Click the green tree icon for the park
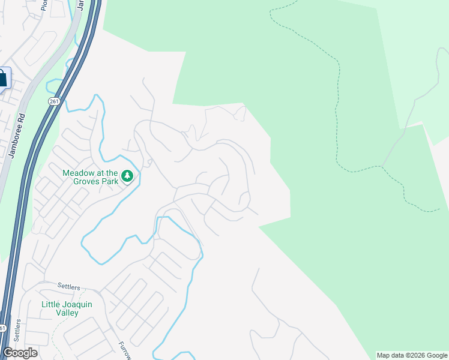tap(127, 176)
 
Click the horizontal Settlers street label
tap(68, 287)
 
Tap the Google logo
tap(20, 353)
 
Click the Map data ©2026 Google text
tap(412, 355)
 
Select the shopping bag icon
tap(2, 78)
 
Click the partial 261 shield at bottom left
tap(2, 328)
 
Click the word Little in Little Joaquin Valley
tap(50, 305)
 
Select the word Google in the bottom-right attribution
tap(436, 355)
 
